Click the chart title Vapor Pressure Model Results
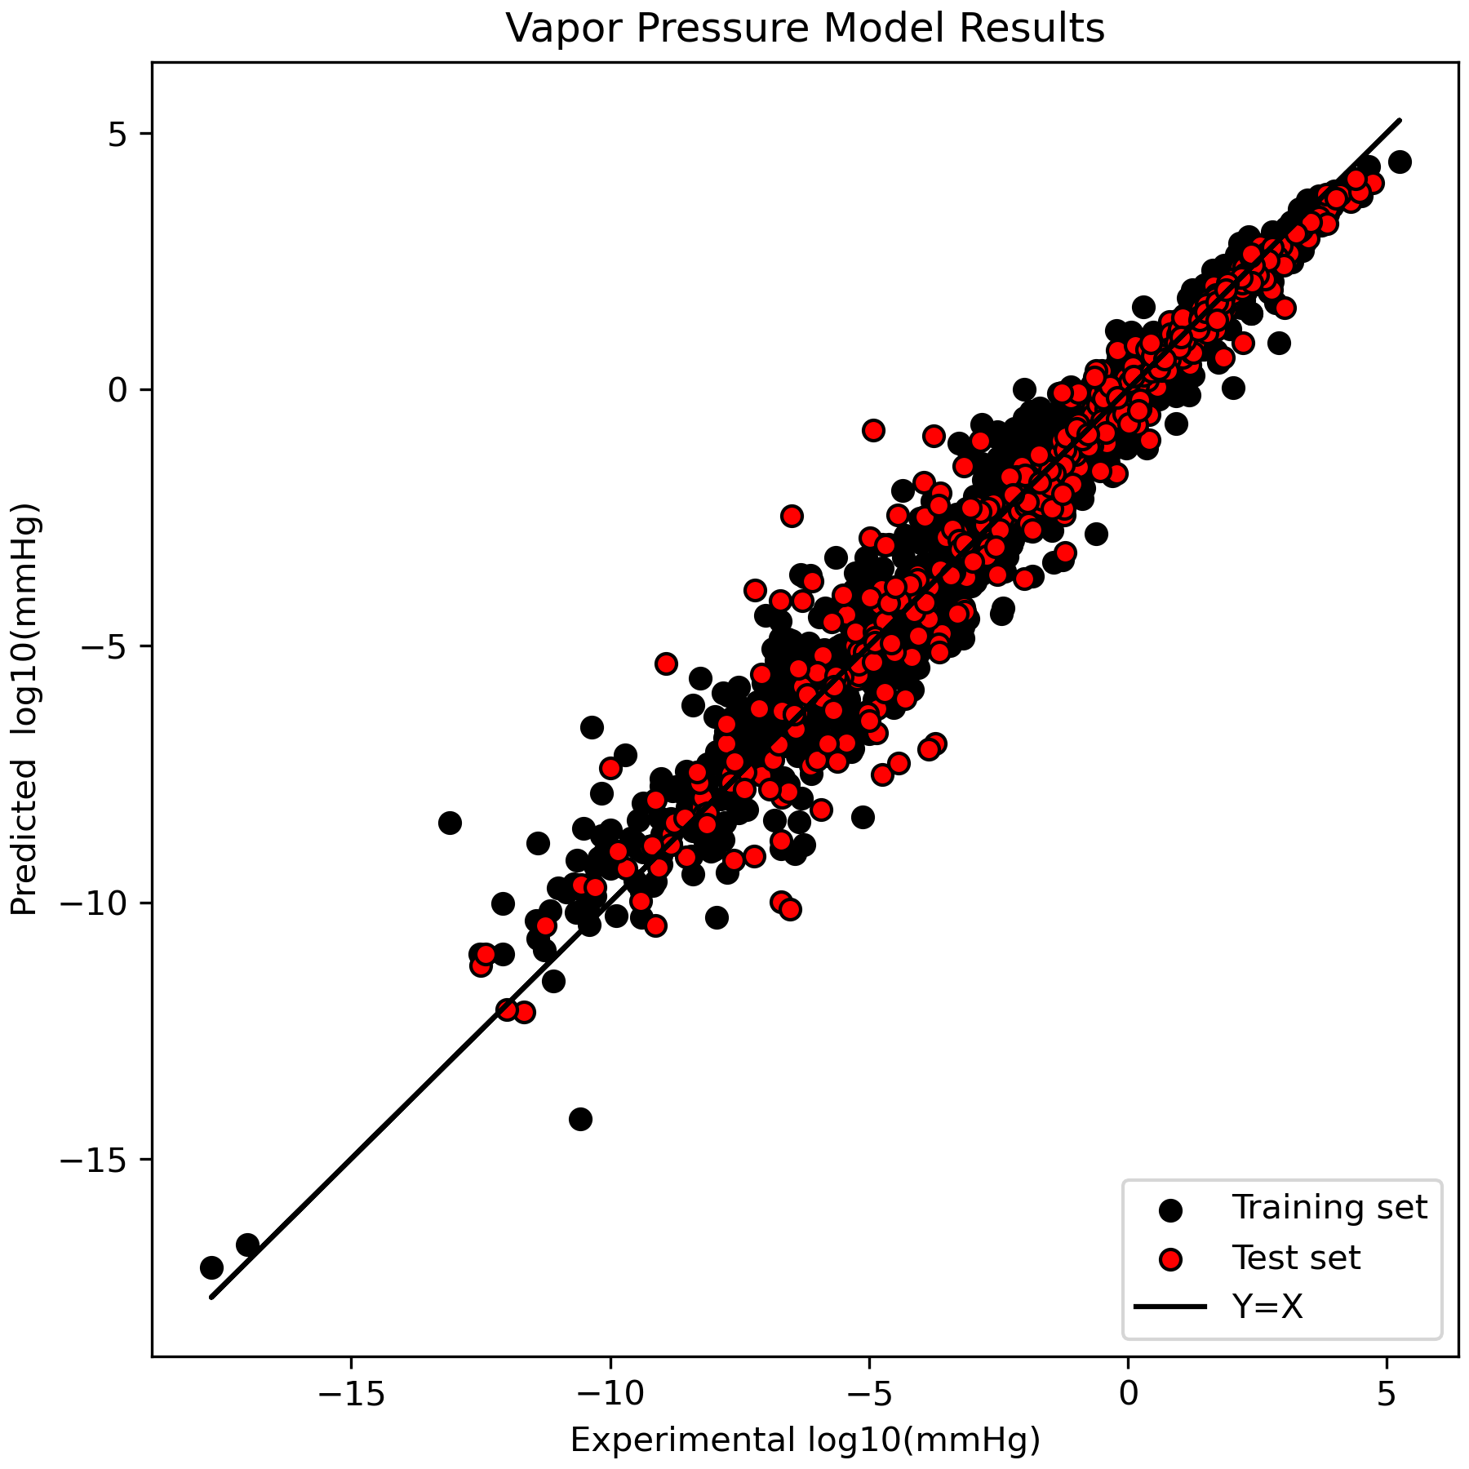pyautogui.click(x=805, y=29)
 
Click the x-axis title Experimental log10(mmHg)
pyautogui.click(x=805, y=1440)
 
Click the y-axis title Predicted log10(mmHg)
pyautogui.click(x=24, y=710)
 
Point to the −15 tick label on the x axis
pyautogui.click(x=351, y=1395)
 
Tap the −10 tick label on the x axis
pyautogui.click(x=610, y=1395)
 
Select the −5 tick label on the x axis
pyautogui.click(x=868, y=1395)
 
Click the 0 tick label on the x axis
pyautogui.click(x=1128, y=1395)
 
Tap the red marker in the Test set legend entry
pyautogui.click(x=1171, y=1259)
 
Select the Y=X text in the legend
pyautogui.click(x=1267, y=1308)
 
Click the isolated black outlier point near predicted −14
pyautogui.click(x=580, y=1119)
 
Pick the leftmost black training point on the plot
pyautogui.click(x=211, y=1267)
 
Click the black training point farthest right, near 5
pyautogui.click(x=1400, y=162)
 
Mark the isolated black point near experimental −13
pyautogui.click(x=450, y=823)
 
